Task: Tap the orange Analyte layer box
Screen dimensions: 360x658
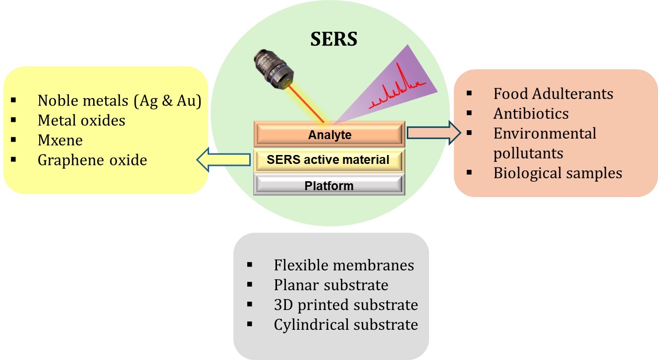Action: (329, 134)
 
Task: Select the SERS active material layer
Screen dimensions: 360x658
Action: (329, 160)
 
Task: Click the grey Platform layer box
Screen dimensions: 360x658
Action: (329, 186)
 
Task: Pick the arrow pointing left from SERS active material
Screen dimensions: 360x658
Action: (224, 159)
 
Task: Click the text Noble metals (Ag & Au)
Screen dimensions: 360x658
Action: (119, 101)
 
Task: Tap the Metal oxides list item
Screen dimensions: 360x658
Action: (81, 120)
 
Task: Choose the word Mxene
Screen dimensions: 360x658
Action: (60, 140)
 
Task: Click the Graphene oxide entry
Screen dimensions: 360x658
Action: (92, 160)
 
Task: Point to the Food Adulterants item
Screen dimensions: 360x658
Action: (553, 94)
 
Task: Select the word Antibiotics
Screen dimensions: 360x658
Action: (531, 113)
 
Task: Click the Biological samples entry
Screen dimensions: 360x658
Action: (557, 173)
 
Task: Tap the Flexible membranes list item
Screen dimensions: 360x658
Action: (343, 265)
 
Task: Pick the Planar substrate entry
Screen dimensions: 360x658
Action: (330, 285)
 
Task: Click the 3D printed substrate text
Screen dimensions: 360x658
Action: (345, 305)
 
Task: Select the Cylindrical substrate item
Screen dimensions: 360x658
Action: (345, 324)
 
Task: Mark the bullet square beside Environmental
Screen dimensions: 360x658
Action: (469, 133)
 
